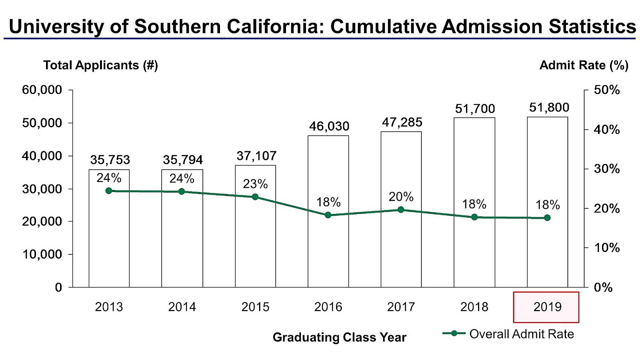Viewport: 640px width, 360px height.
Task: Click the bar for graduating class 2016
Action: tap(328, 248)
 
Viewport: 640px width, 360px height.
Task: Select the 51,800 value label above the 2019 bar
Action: tap(549, 108)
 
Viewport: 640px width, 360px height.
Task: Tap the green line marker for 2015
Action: tap(255, 197)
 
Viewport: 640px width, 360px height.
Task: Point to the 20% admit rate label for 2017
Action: tap(401, 197)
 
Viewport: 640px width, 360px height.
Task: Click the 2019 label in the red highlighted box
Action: tap(547, 307)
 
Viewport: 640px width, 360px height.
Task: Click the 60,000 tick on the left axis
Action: tap(42, 90)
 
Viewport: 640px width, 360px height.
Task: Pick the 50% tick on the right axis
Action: tap(606, 90)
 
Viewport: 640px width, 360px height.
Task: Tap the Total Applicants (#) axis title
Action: tap(100, 65)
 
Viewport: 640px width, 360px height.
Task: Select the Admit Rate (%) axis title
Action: tap(584, 65)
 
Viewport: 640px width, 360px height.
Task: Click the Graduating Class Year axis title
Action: tap(339, 337)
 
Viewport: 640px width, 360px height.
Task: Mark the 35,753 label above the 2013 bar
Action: tap(110, 160)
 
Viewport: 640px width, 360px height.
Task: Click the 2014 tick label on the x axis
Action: tap(182, 307)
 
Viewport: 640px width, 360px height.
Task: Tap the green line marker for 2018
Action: tap(474, 217)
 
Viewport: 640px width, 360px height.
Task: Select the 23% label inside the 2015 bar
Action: tap(255, 184)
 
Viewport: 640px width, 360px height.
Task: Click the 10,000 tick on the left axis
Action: tap(42, 254)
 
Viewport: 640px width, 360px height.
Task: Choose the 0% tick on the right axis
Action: tap(603, 287)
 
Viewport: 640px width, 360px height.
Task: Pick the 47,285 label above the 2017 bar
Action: tap(402, 122)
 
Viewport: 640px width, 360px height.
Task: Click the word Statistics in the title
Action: tap(592, 27)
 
